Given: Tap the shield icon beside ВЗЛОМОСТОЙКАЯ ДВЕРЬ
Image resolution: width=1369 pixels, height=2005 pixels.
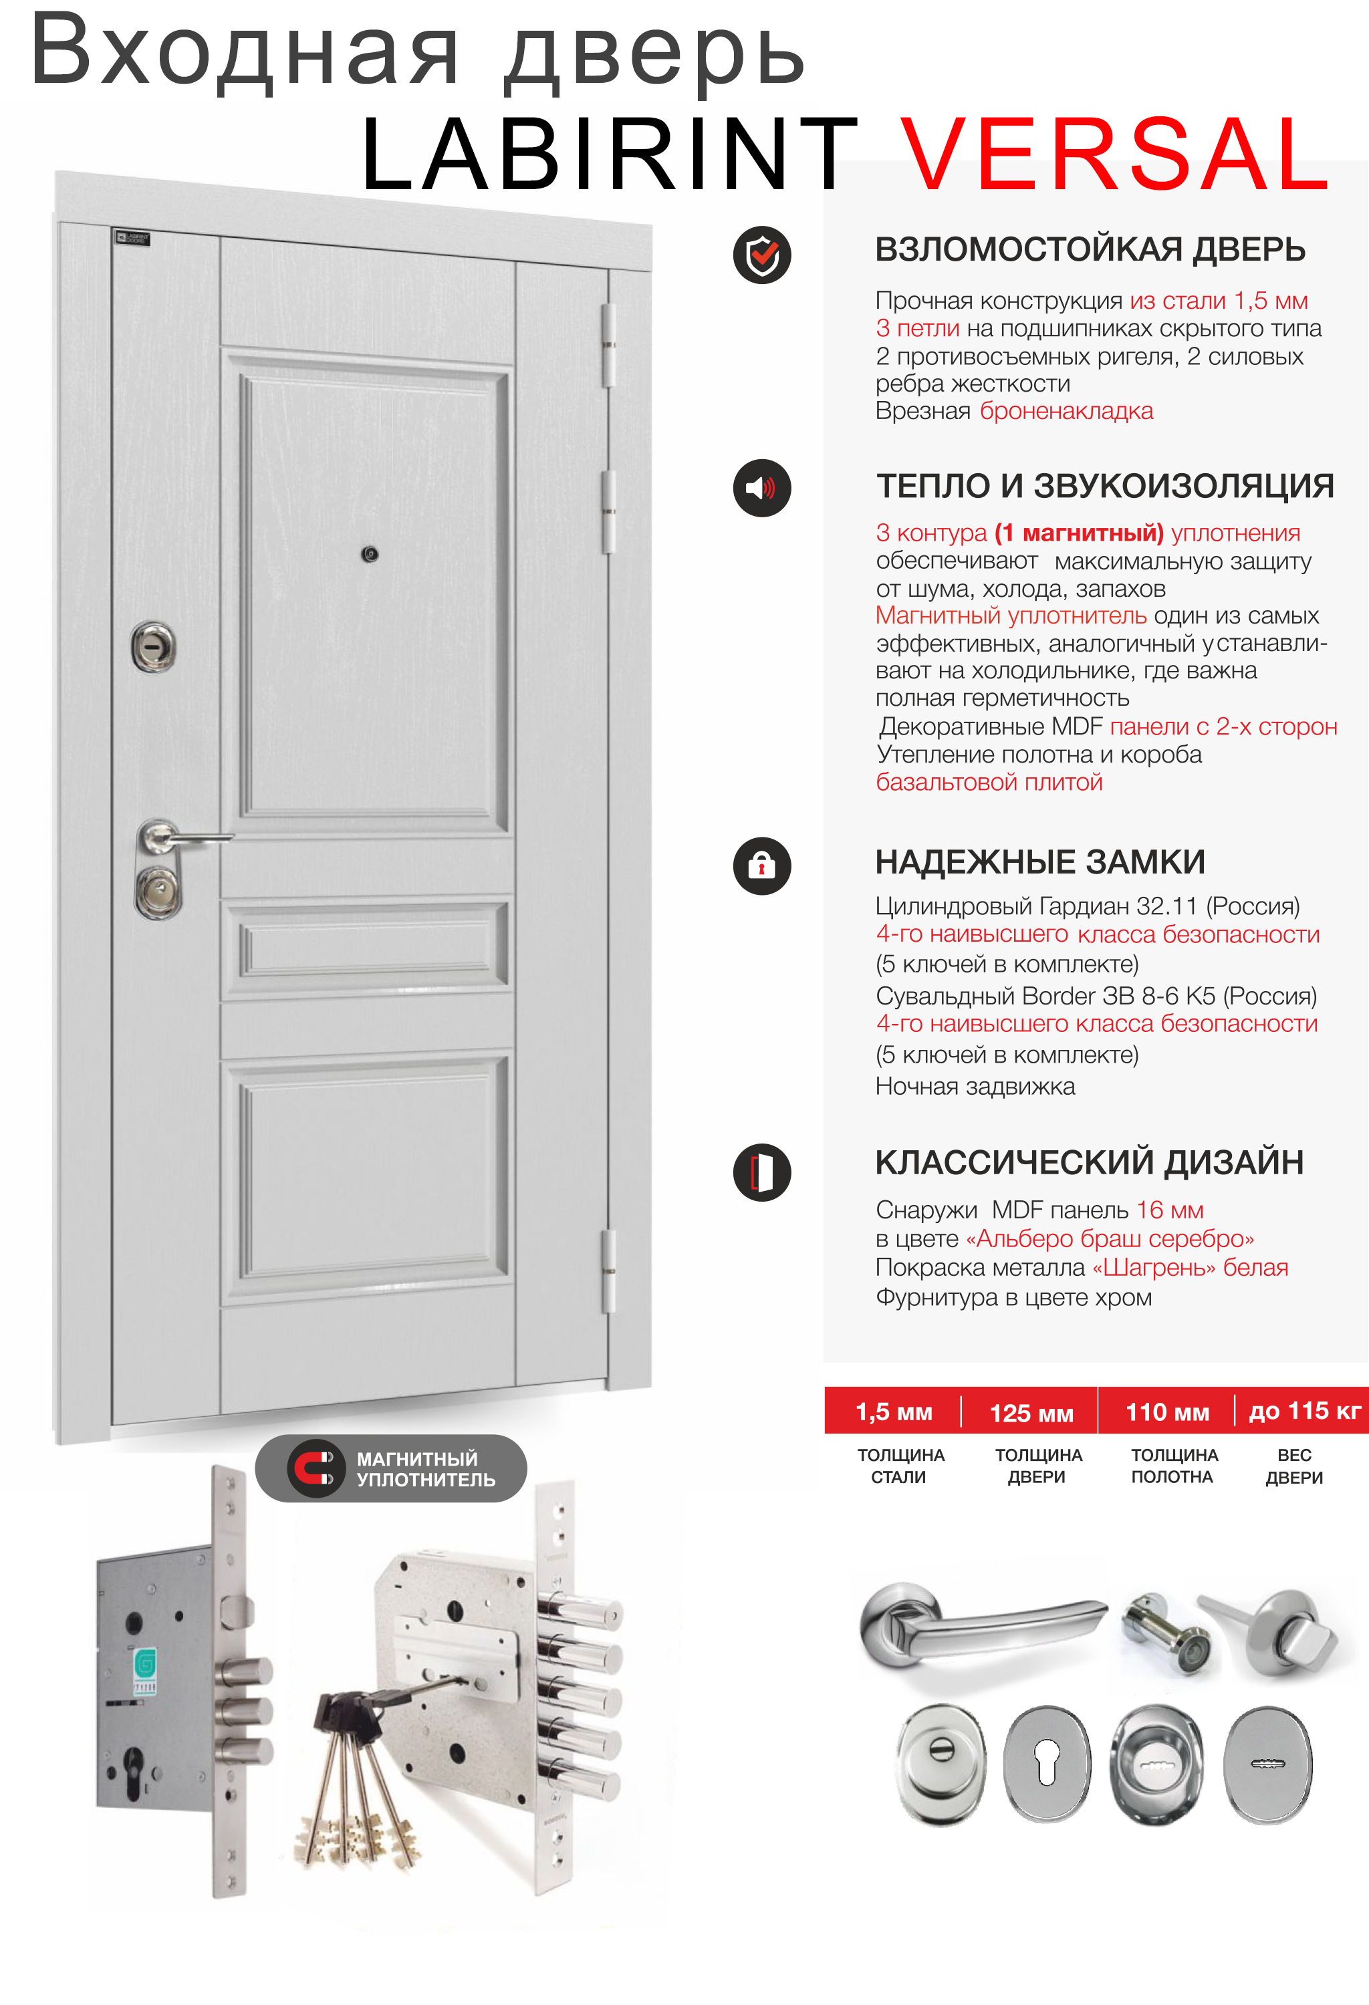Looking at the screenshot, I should (761, 255).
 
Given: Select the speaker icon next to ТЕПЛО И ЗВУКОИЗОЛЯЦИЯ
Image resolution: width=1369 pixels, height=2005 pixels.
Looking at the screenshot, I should (761, 489).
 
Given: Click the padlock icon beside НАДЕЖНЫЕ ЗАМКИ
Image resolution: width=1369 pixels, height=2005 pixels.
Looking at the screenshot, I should (761, 865).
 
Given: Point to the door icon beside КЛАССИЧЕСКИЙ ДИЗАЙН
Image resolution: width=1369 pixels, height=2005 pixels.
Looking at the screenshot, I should (761, 1172).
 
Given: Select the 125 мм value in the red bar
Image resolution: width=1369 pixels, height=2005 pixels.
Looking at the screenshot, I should (1031, 1413).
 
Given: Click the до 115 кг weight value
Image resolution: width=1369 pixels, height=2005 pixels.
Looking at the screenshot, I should (1303, 1412).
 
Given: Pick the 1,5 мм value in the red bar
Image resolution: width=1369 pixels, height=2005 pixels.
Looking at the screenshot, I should (894, 1412).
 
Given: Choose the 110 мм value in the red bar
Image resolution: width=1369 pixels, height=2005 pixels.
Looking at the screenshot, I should (1167, 1412).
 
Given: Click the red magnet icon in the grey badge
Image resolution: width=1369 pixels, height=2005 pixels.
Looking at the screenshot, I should (315, 1468).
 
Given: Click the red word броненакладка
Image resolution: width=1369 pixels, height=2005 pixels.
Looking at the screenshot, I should (1066, 412).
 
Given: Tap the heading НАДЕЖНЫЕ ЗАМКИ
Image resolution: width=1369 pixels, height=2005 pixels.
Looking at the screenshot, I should (1039, 862).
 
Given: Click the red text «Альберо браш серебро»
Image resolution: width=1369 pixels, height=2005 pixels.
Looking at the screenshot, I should (1110, 1239).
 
